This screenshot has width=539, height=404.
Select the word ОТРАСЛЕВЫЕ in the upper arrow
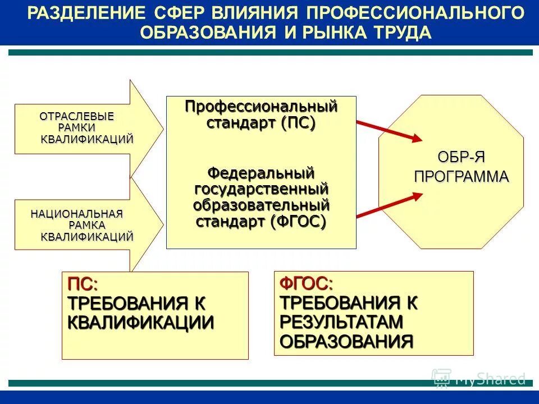pos(76,117)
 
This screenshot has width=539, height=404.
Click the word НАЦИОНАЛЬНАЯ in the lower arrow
pos(76,214)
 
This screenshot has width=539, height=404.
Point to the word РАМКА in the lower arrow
pos(91,225)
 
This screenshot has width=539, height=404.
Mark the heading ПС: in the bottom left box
pos(83,284)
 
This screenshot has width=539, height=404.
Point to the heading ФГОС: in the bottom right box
pos(306,284)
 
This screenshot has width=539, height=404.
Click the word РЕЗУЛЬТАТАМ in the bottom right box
pos(342,322)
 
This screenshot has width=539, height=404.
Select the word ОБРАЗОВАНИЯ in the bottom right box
pos(346,341)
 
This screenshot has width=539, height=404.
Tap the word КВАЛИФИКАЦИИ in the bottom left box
pos(141,323)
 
